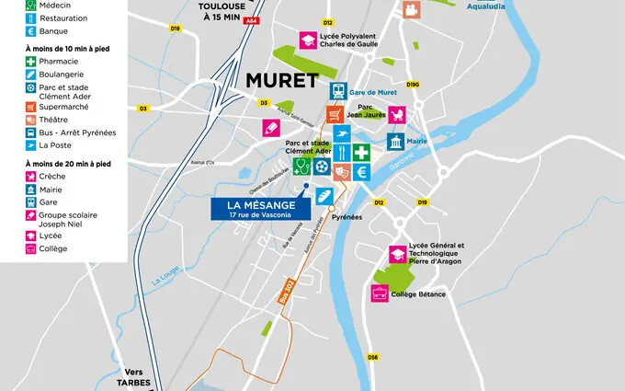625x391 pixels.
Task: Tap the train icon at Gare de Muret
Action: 339,92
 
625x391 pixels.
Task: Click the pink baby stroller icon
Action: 398,116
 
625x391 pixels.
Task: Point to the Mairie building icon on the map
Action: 395,144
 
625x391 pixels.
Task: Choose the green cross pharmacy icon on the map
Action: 362,152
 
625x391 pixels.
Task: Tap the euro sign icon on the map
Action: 362,171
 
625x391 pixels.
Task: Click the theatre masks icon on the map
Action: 340,171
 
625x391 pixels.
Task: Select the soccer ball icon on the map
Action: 320,167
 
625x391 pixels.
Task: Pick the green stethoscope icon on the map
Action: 301,167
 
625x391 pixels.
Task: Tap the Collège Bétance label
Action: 417,294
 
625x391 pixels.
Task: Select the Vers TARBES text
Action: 132,378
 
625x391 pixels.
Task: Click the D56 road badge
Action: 373,357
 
